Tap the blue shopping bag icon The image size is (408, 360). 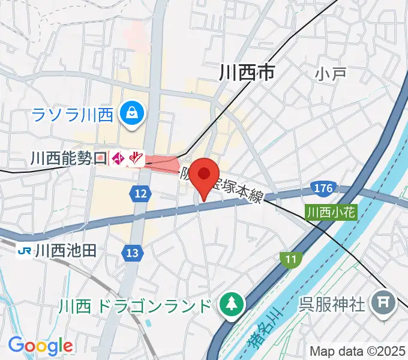tap(131, 112)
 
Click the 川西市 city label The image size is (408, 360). tap(247, 73)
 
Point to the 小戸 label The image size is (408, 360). tap(331, 74)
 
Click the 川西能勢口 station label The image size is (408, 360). tap(68, 158)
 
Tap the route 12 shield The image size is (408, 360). tap(140, 193)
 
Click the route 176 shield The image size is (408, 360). tap(323, 190)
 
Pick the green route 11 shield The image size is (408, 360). tap(290, 259)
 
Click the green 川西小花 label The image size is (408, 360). tap(331, 212)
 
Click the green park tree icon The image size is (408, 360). tap(229, 305)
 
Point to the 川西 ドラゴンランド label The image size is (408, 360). tap(135, 306)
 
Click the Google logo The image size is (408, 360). tap(40, 346)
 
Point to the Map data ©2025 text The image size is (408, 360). tap(357, 350)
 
